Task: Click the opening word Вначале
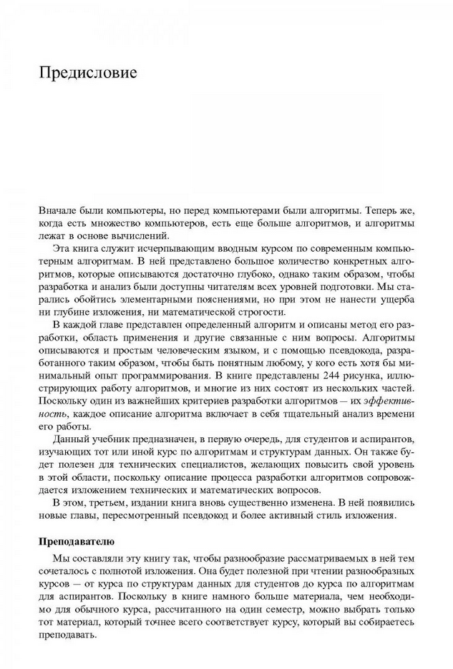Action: click(x=58, y=212)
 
